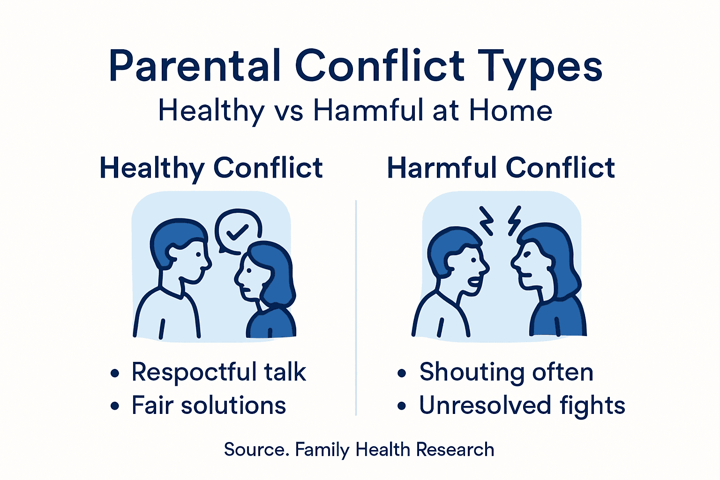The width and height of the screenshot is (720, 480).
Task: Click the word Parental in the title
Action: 195,66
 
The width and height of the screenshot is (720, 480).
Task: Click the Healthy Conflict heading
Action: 211,168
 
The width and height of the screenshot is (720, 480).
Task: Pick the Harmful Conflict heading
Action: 501,168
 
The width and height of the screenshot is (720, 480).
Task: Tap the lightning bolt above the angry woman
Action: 515,220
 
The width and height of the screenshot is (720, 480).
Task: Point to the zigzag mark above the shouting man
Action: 486,220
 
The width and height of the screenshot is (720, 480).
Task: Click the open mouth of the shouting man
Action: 475,283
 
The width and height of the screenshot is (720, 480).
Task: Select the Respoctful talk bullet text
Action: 218,372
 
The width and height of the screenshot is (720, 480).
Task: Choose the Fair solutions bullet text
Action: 209,405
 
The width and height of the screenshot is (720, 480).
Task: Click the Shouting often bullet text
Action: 506,372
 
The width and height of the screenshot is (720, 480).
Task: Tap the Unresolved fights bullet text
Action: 522,405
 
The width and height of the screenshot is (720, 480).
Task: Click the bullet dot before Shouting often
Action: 402,374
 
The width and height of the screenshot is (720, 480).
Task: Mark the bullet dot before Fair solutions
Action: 115,406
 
